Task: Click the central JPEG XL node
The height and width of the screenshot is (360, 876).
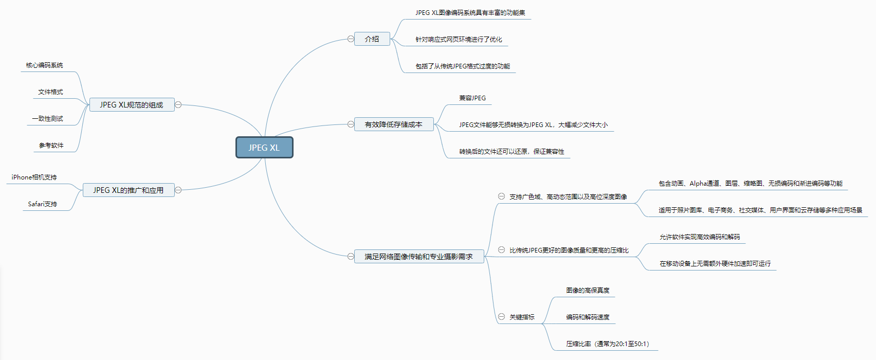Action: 264,148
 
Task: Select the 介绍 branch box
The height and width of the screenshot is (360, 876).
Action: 372,39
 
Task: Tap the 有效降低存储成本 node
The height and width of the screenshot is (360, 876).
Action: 393,124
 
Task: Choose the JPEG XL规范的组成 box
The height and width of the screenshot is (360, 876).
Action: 132,105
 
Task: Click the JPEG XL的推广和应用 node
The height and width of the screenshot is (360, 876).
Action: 129,190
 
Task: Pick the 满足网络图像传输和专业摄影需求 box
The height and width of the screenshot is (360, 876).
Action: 418,257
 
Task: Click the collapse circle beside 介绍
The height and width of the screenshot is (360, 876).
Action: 351,39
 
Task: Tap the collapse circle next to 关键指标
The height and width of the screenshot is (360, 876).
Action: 501,317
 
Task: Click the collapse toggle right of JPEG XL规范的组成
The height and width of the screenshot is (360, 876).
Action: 178,105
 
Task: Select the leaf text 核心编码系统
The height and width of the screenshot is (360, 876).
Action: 45,65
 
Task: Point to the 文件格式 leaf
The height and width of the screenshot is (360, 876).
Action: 50,92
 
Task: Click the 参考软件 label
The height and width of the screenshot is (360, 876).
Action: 51,146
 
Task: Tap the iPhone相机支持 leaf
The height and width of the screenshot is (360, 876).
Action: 34,177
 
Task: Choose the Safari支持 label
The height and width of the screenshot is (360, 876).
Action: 43,204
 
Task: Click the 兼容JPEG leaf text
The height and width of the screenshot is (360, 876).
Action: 472,98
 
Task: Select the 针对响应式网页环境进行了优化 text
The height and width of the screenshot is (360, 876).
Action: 459,40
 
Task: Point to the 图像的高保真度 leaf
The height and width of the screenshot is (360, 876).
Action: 588,291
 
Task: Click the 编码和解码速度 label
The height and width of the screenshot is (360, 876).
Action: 588,317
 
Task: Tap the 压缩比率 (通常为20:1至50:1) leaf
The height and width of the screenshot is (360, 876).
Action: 608,344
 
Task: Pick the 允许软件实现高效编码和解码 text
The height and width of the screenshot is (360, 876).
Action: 700,237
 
